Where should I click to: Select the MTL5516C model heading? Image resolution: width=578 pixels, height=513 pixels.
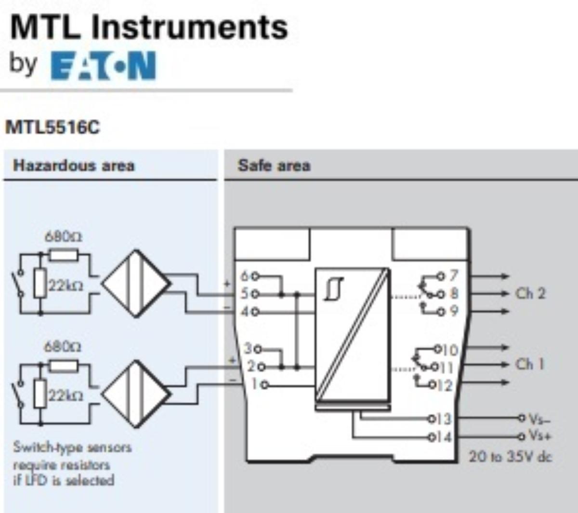coord(52,128)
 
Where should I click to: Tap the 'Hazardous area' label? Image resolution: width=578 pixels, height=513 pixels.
coord(74,166)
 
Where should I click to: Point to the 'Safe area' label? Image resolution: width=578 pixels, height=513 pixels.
coord(274,166)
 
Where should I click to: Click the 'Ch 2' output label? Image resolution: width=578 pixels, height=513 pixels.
coord(530,293)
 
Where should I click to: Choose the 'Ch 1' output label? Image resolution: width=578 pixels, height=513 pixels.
coord(529,364)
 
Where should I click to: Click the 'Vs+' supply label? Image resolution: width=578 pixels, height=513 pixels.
coord(539,436)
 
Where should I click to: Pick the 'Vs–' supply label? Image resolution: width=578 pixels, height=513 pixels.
coord(539,419)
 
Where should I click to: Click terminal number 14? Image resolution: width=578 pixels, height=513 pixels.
coord(444,437)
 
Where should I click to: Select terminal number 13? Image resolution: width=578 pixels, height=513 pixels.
coord(444,419)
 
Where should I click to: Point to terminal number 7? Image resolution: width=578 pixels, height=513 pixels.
coord(453,276)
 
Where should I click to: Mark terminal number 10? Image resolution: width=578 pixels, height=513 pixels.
coord(450,349)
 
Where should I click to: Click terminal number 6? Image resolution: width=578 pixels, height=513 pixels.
coord(245,276)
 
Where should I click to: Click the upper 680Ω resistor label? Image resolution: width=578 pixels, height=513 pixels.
coord(63,237)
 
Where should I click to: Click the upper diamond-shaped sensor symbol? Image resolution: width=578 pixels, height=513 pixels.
coord(136,284)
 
